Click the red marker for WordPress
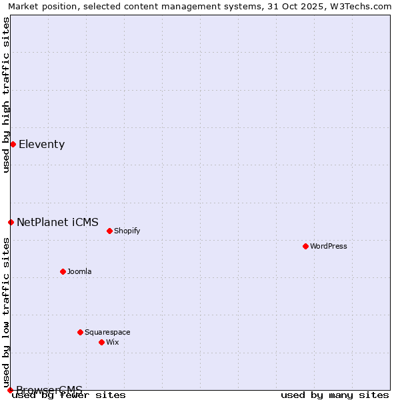coord(306,246)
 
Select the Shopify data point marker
coord(110,231)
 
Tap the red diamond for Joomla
coord(63,271)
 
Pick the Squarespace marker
coord(81,332)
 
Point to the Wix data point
coord(102,342)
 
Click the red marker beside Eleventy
coord(13,144)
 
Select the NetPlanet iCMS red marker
coord(11,222)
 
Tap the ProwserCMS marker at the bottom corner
coord(10,390)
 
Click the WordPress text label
coord(329,246)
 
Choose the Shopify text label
coord(127,231)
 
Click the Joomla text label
coord(79,271)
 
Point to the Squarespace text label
coord(107,332)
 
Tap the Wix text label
coord(113,342)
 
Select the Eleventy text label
coord(41,144)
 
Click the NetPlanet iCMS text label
coord(57,222)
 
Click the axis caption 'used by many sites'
coord(335,395)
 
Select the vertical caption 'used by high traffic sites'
coord(6,95)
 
